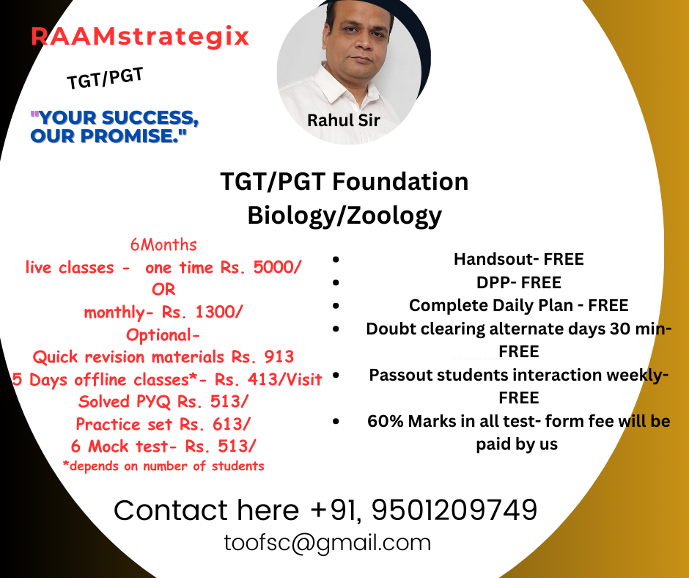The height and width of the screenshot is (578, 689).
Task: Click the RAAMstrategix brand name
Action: tap(140, 36)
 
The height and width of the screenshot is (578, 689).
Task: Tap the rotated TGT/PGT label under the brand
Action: tap(105, 78)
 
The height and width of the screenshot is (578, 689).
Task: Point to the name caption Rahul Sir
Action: tap(343, 120)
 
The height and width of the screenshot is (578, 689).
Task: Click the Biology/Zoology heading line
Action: tap(344, 216)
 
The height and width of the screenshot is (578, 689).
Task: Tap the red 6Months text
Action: tap(163, 244)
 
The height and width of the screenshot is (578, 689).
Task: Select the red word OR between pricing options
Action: tap(163, 290)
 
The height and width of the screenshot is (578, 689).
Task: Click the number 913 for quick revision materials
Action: tap(279, 356)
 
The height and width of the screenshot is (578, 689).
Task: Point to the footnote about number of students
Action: tap(163, 466)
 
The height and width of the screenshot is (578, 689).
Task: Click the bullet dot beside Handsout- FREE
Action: tap(336, 260)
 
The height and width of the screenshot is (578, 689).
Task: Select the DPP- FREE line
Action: tap(519, 282)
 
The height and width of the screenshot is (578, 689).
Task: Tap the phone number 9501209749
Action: tap(454, 510)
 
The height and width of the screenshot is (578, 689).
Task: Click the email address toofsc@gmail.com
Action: tap(328, 543)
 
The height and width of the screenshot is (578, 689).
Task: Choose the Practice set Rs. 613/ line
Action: tap(163, 424)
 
